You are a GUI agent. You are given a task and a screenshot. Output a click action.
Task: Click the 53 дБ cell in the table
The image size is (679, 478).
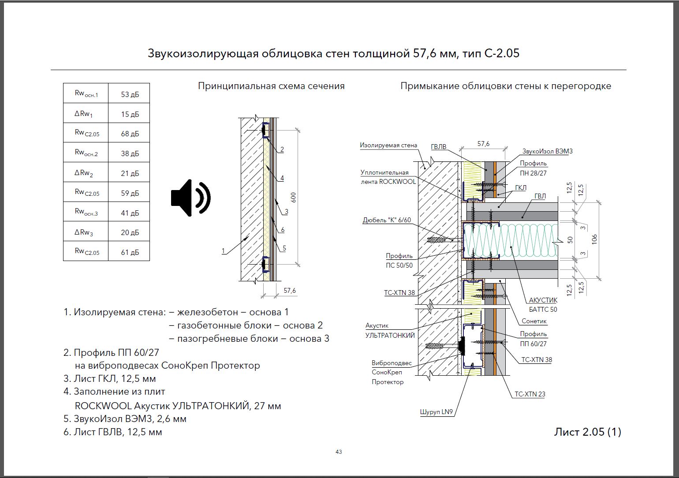coord(130,94)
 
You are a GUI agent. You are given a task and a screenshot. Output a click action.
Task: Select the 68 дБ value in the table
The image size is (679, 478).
coord(130,134)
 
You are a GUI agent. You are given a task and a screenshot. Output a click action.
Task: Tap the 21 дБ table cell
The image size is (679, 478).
coord(130,173)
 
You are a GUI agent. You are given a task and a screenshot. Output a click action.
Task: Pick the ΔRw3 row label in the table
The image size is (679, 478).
coord(84,232)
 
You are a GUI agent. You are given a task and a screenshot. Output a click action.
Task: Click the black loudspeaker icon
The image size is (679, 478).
coord(190,198)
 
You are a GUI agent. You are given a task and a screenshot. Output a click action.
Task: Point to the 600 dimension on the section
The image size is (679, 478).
coord(293,197)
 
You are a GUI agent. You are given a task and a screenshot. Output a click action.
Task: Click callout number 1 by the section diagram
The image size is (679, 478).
coord(223,251)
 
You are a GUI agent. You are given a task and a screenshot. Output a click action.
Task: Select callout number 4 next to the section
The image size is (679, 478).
coord(282,178)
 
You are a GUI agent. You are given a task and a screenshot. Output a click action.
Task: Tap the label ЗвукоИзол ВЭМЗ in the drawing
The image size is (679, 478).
coord(547,151)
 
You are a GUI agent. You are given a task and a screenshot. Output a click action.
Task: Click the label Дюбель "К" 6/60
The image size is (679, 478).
coord(387,220)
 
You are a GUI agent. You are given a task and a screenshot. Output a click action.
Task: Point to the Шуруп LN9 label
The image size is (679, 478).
coord(436,412)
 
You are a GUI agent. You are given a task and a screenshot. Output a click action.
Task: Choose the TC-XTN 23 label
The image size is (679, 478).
coord(530,394)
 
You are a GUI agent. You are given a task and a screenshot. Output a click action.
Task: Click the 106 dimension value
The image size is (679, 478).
coord(594,239)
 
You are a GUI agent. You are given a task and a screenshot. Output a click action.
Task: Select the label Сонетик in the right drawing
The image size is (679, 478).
coord(534,321)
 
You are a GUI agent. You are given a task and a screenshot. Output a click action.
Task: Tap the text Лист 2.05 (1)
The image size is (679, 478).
coord(587,432)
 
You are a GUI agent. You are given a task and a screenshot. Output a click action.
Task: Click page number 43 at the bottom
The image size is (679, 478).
coord(339,452)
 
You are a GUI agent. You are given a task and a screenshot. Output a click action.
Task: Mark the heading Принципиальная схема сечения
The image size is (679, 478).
coord(271,86)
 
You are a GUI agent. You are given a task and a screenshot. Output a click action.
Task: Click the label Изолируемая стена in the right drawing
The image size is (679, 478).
coord(388,145)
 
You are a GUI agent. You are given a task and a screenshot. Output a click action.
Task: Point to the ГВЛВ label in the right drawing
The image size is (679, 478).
coord(439,147)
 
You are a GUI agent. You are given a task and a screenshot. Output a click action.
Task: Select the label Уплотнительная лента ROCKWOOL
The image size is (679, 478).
coord(388,177)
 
